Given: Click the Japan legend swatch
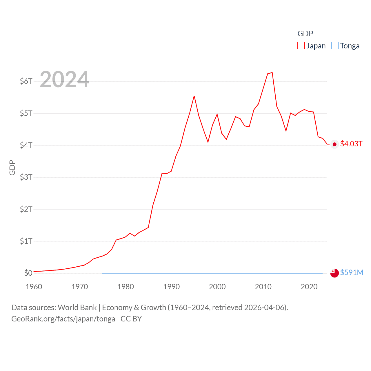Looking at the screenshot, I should tap(301, 46).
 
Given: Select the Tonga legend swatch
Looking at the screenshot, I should tap(335, 46).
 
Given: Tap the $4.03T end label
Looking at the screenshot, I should tap(351, 144).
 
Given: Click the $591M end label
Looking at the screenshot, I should tap(352, 272).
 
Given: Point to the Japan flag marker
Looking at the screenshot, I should tap(334, 144).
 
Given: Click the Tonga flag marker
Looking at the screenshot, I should tap(334, 273).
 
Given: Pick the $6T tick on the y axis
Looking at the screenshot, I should tap(26, 81).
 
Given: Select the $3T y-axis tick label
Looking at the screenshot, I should tap(26, 177).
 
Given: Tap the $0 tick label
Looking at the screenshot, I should tap(28, 273).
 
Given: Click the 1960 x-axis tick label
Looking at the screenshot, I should tap(34, 287).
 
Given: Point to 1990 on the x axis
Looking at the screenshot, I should tap(172, 287).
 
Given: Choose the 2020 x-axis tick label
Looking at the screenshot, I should tap(309, 287).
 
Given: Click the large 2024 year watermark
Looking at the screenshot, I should tap(65, 79).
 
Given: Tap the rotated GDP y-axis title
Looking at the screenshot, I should tap(12, 168).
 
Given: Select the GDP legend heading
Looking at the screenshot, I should tap(305, 34).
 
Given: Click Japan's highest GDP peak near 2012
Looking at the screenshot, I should tap(272, 72).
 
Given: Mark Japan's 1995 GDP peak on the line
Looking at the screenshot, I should tap(194, 96).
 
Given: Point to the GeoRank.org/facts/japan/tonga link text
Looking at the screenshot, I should tap(63, 319).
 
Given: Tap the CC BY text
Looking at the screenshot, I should tap(131, 319).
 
